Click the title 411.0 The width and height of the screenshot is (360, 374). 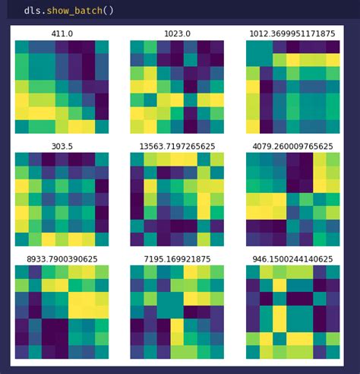pyautogui.click(x=62, y=34)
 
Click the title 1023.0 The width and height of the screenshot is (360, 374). pyautogui.click(x=177, y=34)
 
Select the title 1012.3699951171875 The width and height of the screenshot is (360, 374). pyautogui.click(x=292, y=34)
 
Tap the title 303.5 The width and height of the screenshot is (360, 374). pyautogui.click(x=62, y=146)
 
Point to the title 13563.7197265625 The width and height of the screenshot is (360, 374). pyautogui.click(x=177, y=146)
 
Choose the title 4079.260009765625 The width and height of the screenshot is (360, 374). pyautogui.click(x=292, y=146)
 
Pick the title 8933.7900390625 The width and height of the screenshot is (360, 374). pyautogui.click(x=62, y=258)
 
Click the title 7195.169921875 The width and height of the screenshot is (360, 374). pyautogui.click(x=177, y=258)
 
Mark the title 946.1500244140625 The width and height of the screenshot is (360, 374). pyautogui.click(x=292, y=258)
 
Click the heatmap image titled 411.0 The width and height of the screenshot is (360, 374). pyautogui.click(x=62, y=87)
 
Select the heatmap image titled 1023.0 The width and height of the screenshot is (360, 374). pyautogui.click(x=177, y=87)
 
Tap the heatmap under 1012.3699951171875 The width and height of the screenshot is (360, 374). pyautogui.click(x=292, y=87)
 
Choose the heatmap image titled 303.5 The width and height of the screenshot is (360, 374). pyautogui.click(x=62, y=199)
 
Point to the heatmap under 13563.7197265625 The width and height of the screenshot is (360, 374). pyautogui.click(x=177, y=199)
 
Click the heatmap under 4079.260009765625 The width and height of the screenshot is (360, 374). pyautogui.click(x=292, y=199)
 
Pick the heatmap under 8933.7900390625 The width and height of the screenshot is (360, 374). pyautogui.click(x=62, y=312)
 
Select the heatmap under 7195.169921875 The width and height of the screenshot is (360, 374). pyautogui.click(x=177, y=312)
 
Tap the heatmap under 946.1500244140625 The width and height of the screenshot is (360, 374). pyautogui.click(x=292, y=312)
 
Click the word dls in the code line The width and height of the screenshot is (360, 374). pyautogui.click(x=32, y=11)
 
